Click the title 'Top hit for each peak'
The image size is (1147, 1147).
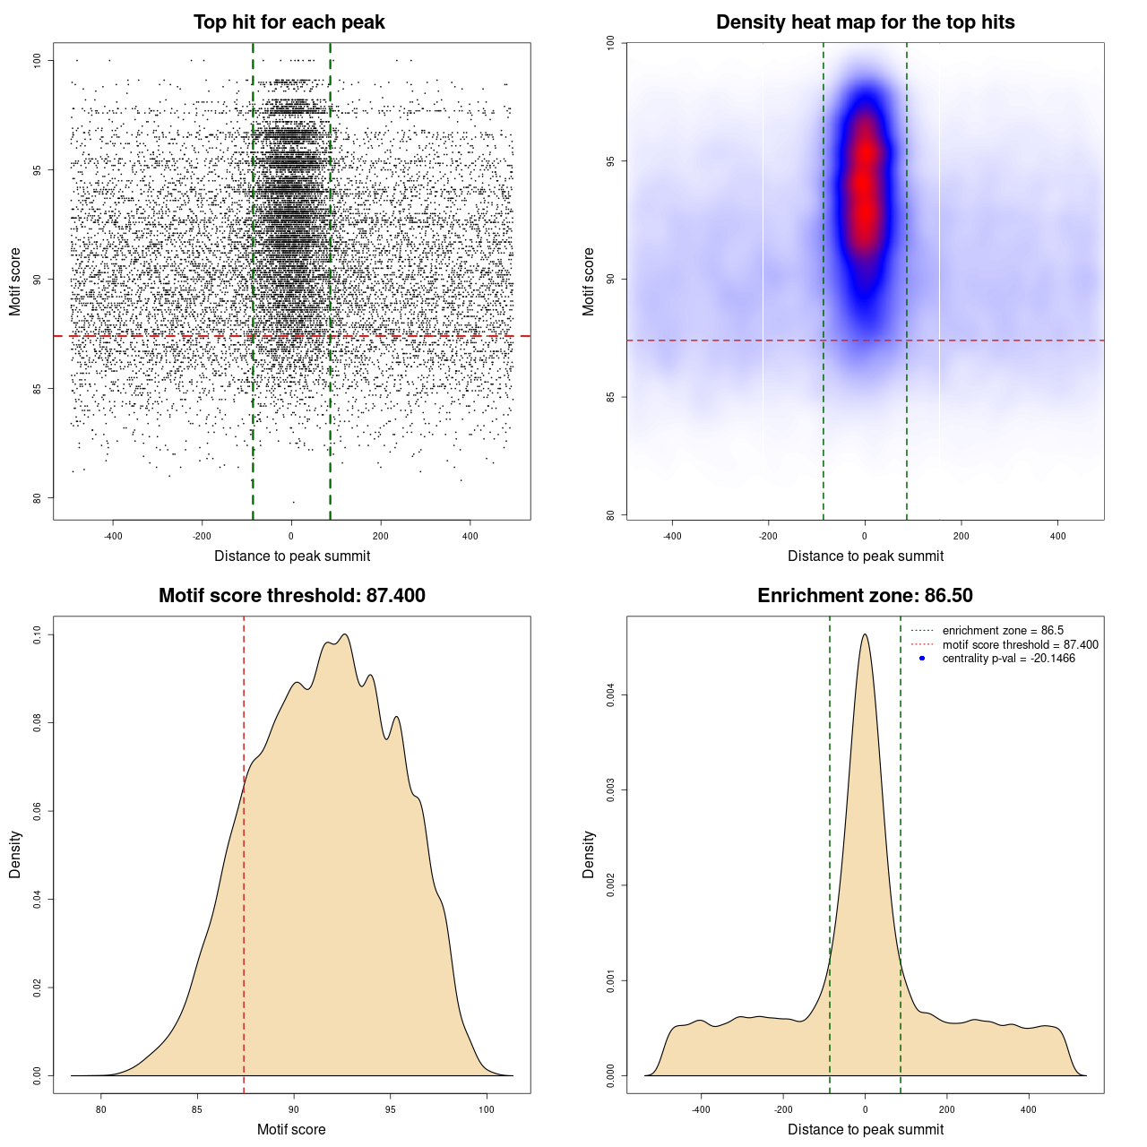(289, 22)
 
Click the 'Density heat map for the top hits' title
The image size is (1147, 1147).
(865, 22)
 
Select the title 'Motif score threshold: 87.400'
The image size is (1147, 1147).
(291, 596)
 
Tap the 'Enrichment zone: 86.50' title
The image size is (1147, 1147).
(865, 596)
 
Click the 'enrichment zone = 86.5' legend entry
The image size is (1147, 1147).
(1003, 631)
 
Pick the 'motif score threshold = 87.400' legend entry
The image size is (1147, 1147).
(1020, 645)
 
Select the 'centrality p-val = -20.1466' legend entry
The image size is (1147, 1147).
(1008, 659)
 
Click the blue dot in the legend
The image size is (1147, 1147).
(922, 659)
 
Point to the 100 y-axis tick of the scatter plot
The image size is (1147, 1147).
(38, 60)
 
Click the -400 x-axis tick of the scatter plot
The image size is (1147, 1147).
(113, 536)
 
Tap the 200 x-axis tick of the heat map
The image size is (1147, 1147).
(962, 536)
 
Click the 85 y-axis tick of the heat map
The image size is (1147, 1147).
(611, 397)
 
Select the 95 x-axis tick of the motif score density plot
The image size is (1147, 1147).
(390, 1109)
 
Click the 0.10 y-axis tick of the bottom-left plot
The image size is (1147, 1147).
(38, 635)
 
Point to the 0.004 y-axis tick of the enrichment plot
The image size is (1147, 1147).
(611, 694)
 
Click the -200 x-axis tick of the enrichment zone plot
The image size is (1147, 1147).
(783, 1109)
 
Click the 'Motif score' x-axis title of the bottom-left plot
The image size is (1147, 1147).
(291, 1129)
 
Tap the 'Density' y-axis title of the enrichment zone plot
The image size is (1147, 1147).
(589, 854)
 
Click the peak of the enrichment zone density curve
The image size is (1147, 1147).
(865, 635)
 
